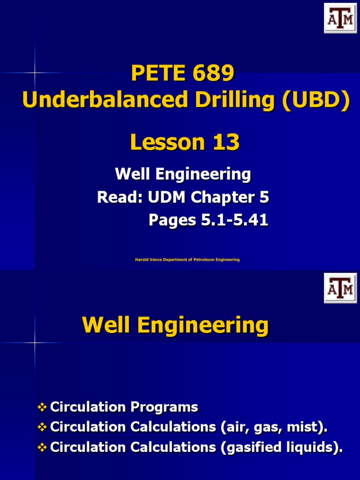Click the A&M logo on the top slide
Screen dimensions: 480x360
340,18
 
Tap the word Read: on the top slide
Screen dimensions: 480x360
119,198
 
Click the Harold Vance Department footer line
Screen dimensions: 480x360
187,260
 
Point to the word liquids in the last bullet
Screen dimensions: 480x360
312,448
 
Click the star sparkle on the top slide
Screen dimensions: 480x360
35,73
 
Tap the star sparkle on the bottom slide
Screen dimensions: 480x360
35,344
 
